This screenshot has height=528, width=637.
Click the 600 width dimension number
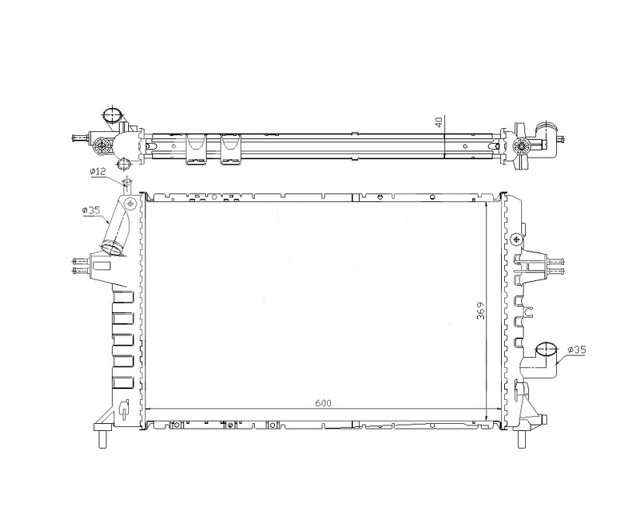pos(323,403)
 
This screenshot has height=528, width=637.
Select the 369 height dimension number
pos(481,311)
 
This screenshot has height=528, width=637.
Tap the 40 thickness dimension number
pos(439,122)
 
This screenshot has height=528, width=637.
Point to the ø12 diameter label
pos(98,172)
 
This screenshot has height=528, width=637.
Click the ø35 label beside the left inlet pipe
pos(91,210)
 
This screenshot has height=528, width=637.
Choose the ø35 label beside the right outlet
pos(577,349)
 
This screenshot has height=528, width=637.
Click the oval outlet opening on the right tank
pos(546,350)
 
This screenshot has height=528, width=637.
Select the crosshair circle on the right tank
pos(516,239)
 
